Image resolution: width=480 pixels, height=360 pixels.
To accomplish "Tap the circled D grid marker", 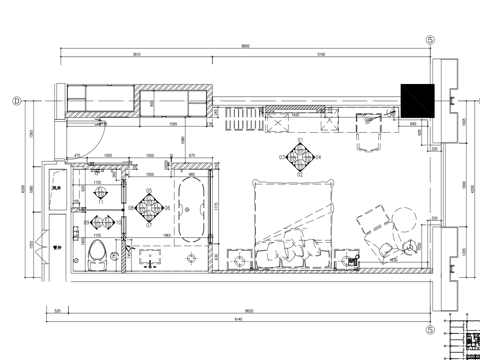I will coord(17,100).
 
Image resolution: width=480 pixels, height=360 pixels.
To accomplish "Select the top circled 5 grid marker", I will coord(430,40).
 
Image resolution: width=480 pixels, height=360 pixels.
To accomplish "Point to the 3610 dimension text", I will coord(137,55).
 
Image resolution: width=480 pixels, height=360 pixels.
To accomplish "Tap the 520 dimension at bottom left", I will coord(58,311).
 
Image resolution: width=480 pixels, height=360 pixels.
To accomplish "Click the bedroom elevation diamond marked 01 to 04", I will coord(299,157).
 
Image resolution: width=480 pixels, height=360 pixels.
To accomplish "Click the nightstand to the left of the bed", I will coord(240,258).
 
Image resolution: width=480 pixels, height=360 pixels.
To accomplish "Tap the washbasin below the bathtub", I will coord(149,259).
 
